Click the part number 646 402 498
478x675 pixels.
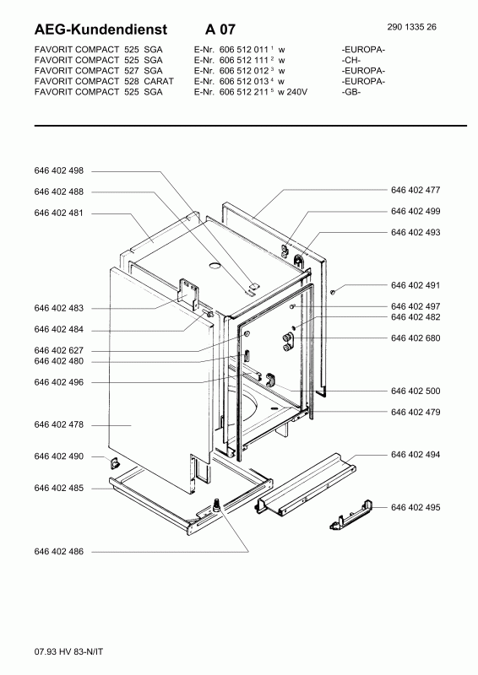(58, 171)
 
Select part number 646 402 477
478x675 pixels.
(416, 191)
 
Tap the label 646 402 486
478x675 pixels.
(58, 552)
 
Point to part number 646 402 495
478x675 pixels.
(416, 508)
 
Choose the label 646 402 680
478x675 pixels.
(416, 338)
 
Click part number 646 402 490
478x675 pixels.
(58, 456)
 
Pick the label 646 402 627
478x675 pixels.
(58, 351)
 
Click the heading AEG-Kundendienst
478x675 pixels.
(100, 30)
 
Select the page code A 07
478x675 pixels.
(220, 30)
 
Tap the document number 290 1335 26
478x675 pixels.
(411, 27)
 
